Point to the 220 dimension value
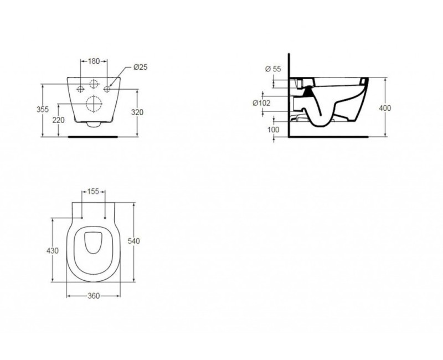58,120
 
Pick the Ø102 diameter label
261,102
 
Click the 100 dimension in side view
273,130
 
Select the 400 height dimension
385,108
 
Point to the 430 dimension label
52,251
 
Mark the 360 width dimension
93,296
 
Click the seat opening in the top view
93,243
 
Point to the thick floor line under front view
93,135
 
